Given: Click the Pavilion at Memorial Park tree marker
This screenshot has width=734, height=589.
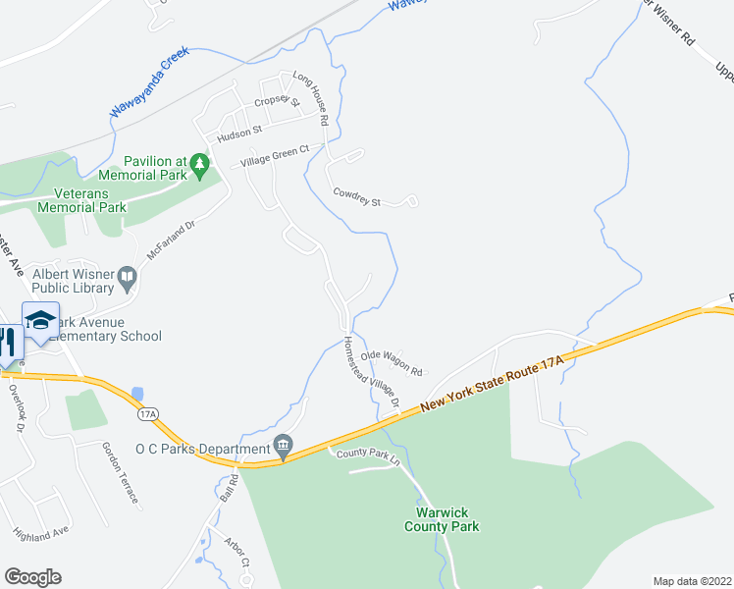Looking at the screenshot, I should click(200, 163).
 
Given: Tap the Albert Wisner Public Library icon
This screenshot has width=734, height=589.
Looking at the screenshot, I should click(127, 280).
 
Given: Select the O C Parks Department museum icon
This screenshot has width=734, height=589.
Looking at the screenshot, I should click(284, 447).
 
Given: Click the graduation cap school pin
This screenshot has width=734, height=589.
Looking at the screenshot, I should click(40, 322).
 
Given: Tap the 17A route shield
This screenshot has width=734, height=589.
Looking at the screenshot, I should click(147, 414).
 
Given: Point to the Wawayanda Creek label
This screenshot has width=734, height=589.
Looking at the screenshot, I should click(149, 82).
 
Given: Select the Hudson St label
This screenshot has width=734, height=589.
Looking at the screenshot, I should click(240, 129).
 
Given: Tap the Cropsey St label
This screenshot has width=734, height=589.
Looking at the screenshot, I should click(275, 103).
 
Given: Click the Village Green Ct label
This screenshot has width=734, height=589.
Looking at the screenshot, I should click(276, 156).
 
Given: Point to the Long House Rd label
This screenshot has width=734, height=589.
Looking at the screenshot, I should click(310, 99).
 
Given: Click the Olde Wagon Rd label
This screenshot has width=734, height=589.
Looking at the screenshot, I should click(391, 363).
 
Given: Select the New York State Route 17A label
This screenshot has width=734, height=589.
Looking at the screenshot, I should click(493, 384).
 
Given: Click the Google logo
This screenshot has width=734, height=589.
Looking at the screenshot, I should click(32, 577).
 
